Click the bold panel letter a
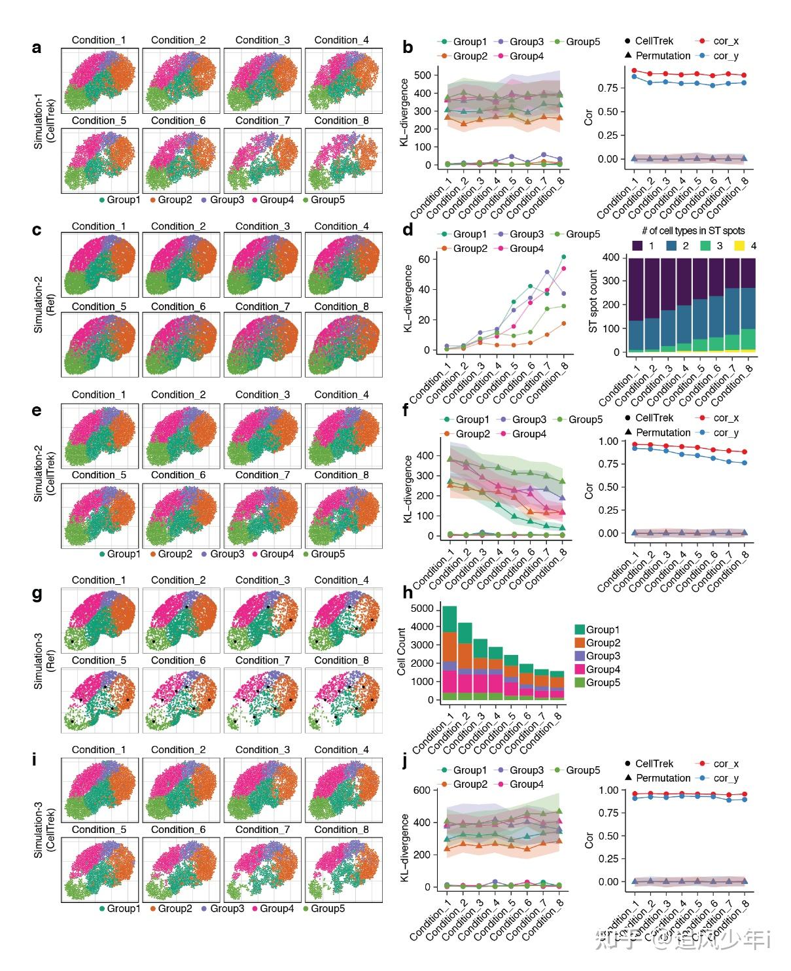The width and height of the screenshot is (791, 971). (37, 48)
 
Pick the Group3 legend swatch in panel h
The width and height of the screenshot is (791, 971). (580, 656)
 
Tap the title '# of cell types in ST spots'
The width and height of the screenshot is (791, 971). (693, 231)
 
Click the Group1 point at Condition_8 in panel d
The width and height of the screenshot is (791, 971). (563, 256)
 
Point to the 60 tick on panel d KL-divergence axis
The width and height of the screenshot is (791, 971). (424, 259)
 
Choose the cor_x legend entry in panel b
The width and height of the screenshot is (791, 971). (718, 41)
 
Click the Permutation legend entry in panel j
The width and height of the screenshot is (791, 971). (657, 778)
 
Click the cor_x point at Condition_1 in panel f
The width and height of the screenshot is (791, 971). (634, 444)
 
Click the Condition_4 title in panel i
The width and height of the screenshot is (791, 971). (342, 750)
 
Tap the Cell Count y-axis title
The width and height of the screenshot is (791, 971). (401, 652)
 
